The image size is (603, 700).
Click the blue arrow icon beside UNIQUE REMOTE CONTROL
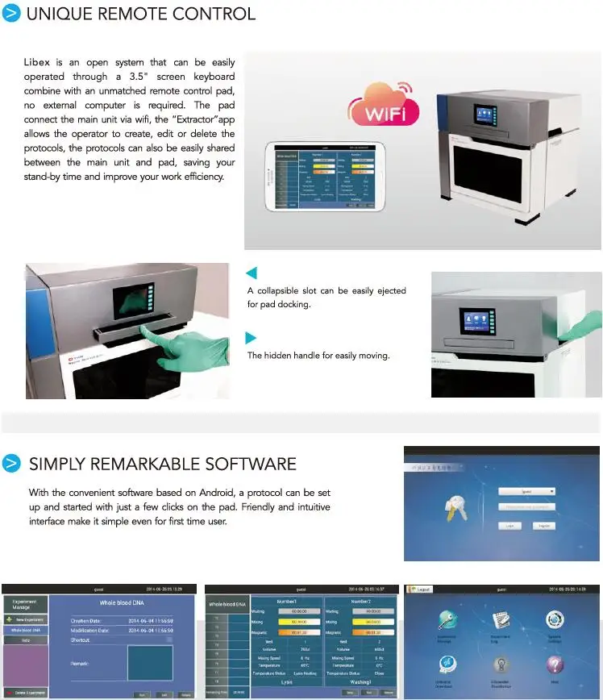click(x=11, y=14)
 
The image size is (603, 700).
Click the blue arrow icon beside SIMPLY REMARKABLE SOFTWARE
click(x=11, y=464)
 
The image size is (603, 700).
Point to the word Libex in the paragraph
click(x=36, y=62)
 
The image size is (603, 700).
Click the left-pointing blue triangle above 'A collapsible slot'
click(x=252, y=273)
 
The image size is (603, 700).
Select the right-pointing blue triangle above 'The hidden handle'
click(x=252, y=337)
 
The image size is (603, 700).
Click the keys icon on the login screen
click(x=456, y=508)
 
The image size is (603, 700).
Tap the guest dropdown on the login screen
click(x=526, y=490)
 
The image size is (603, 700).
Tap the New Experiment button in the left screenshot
click(x=26, y=619)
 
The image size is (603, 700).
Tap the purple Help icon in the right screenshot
click(x=554, y=664)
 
